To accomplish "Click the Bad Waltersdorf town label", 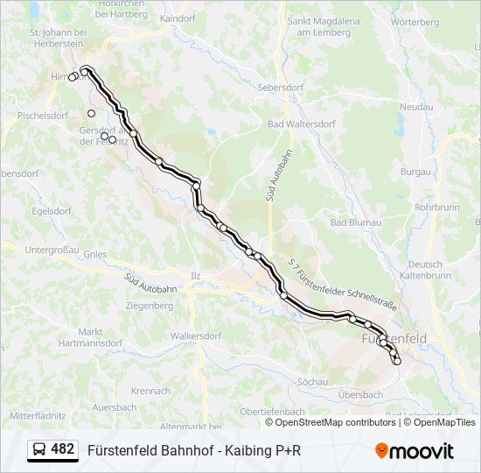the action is pos(302,124).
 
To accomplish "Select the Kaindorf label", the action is pos(178,18).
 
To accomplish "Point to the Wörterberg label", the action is pos(415,21).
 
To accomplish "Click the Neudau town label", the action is pos(415,107).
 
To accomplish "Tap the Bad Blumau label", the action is pos(355,222).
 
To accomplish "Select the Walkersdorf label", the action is pos(196,335).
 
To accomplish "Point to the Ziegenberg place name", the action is pos(149,306).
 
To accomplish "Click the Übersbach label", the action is pos(359,394).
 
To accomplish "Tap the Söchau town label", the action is pos(311,382).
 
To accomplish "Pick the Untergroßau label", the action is pos(52,250).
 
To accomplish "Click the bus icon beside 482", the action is pos(39,450).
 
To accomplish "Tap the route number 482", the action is pos(62,449).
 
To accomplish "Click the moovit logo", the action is pos(415,450).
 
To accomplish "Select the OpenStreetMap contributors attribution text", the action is pos(331,422).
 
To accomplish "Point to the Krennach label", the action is pos(150,391).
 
